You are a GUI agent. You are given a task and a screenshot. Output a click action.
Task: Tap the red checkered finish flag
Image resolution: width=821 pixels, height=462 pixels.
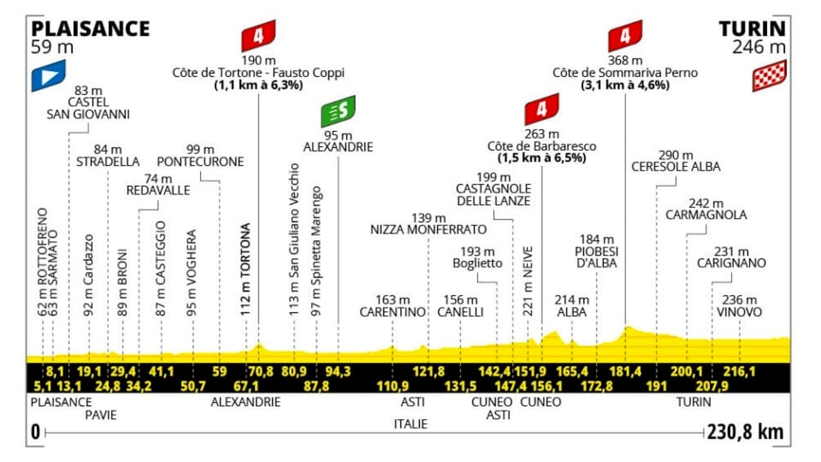click(768, 75)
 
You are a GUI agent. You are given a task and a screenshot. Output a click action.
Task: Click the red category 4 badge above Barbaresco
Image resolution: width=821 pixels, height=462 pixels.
click(541, 108)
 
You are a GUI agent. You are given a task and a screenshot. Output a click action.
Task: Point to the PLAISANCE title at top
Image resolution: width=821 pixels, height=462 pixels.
click(90, 29)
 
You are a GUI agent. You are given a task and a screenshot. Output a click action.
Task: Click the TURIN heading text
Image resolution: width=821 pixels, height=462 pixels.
click(752, 29)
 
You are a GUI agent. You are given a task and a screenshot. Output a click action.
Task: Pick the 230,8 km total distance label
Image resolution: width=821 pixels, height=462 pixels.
click(745, 432)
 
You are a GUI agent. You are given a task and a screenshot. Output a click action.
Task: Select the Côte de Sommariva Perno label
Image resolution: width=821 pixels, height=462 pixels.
click(625, 73)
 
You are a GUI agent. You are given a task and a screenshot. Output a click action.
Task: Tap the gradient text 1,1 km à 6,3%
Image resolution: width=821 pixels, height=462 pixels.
click(258, 85)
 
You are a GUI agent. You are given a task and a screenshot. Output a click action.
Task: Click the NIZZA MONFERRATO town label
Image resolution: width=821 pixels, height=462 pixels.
click(428, 229)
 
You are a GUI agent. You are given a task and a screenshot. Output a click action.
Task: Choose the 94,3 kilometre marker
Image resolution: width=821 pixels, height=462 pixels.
click(338, 372)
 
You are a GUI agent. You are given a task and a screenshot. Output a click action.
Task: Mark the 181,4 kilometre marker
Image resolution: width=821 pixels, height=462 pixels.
click(625, 372)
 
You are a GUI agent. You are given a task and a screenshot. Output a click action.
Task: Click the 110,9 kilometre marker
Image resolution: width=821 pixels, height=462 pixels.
click(393, 386)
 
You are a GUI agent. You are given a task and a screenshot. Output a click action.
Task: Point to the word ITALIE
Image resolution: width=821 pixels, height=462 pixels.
click(410, 424)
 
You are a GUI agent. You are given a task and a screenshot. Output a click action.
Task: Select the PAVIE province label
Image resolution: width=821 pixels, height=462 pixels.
click(101, 415)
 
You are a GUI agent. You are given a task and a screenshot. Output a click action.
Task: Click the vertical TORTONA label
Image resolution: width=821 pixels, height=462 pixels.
click(245, 266)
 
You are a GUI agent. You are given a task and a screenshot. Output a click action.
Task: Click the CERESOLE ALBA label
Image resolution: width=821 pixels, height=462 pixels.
click(676, 167)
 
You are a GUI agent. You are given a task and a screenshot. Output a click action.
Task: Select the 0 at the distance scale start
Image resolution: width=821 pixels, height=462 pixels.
click(35, 432)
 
